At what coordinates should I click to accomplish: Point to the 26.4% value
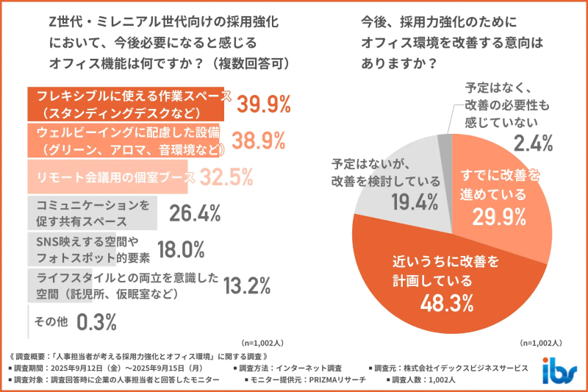click(196, 213)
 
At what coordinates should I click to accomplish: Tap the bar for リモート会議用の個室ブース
click(110, 177)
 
